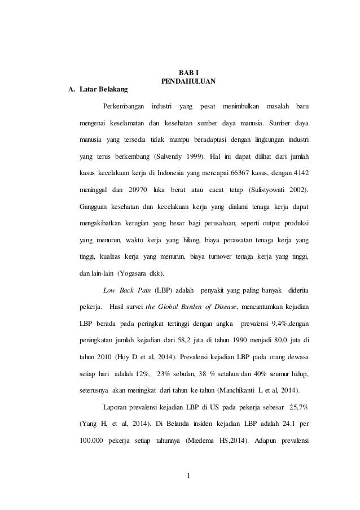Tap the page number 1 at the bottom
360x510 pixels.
tap(190, 481)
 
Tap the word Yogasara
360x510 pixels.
tap(134, 274)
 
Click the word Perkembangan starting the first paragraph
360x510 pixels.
tap(124, 106)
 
